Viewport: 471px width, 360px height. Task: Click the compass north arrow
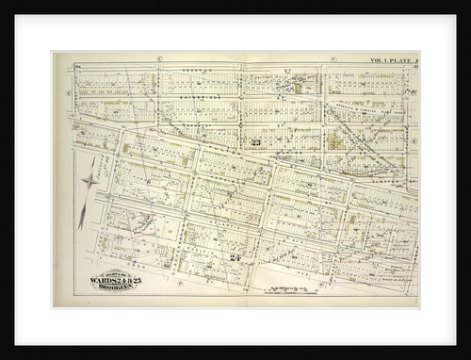click(x=90, y=179)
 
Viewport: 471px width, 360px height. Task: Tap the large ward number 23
click(x=256, y=143)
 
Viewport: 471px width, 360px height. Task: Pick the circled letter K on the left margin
click(x=67, y=94)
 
